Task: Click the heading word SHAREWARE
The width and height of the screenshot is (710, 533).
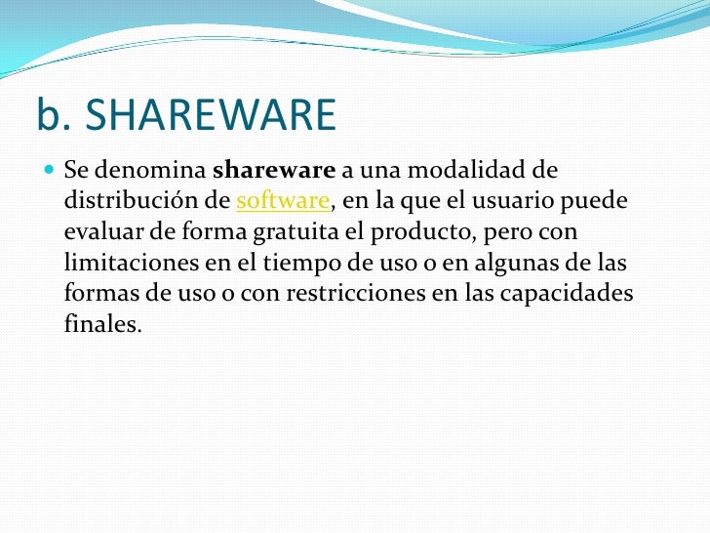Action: [211, 116]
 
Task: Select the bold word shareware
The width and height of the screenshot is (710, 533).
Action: [273, 171]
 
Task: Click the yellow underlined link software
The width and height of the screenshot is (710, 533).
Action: [284, 202]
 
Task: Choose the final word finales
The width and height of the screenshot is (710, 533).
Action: [102, 324]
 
